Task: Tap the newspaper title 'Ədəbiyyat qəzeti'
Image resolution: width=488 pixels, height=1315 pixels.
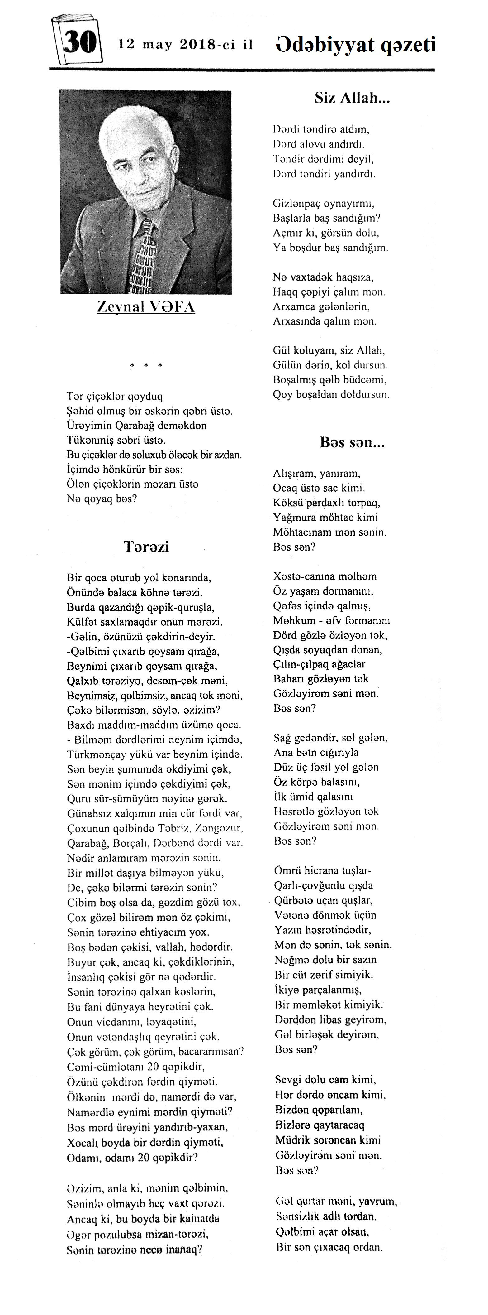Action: pos(355,45)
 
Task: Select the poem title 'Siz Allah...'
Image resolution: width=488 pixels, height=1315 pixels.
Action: pos(352,98)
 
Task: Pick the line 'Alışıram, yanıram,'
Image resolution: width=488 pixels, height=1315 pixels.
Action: pos(317,473)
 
